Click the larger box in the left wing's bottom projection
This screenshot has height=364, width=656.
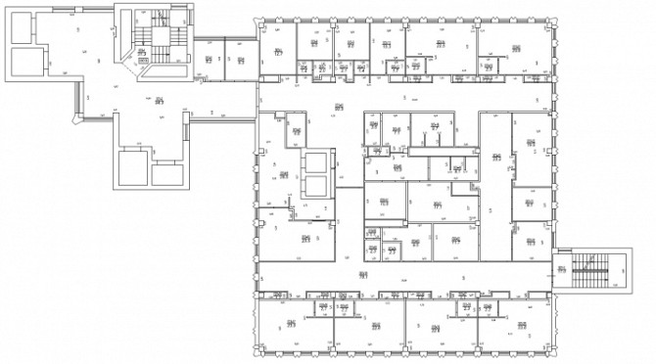point(132,167)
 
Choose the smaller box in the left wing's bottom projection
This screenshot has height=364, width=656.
point(167,175)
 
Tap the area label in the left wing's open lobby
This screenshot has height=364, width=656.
point(158,99)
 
